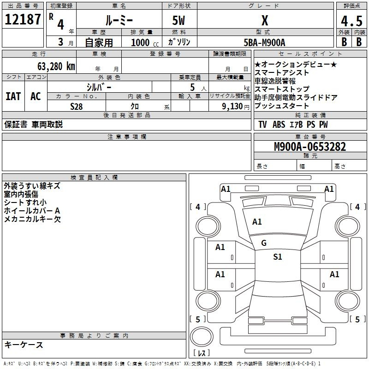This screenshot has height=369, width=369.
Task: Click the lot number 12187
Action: coord(23,19)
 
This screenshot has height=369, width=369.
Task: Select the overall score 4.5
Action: coord(351,21)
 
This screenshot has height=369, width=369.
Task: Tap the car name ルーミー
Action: coord(119,20)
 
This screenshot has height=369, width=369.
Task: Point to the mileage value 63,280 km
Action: coord(56,66)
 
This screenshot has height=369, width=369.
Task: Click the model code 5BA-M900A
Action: coord(264,42)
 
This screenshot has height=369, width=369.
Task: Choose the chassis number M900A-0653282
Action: coord(310,147)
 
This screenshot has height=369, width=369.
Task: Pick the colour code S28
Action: coord(77,107)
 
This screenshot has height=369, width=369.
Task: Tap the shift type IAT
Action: coord(13,96)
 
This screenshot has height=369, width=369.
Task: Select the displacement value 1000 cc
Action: coord(145,42)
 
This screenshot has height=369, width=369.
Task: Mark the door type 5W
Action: coord(179,20)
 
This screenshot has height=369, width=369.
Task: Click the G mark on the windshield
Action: coord(264,243)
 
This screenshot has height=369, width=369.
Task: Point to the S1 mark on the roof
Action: coord(278,256)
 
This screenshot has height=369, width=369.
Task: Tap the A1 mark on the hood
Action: coord(257,222)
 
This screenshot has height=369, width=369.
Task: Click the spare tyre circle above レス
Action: coord(202,336)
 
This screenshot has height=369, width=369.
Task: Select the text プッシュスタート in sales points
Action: coord(282,106)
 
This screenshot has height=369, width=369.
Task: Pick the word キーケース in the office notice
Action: coord(24,345)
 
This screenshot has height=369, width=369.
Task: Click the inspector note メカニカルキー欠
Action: coord(32,219)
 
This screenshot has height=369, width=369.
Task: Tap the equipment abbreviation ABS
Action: coord(279,125)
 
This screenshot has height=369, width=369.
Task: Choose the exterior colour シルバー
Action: coord(99,87)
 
